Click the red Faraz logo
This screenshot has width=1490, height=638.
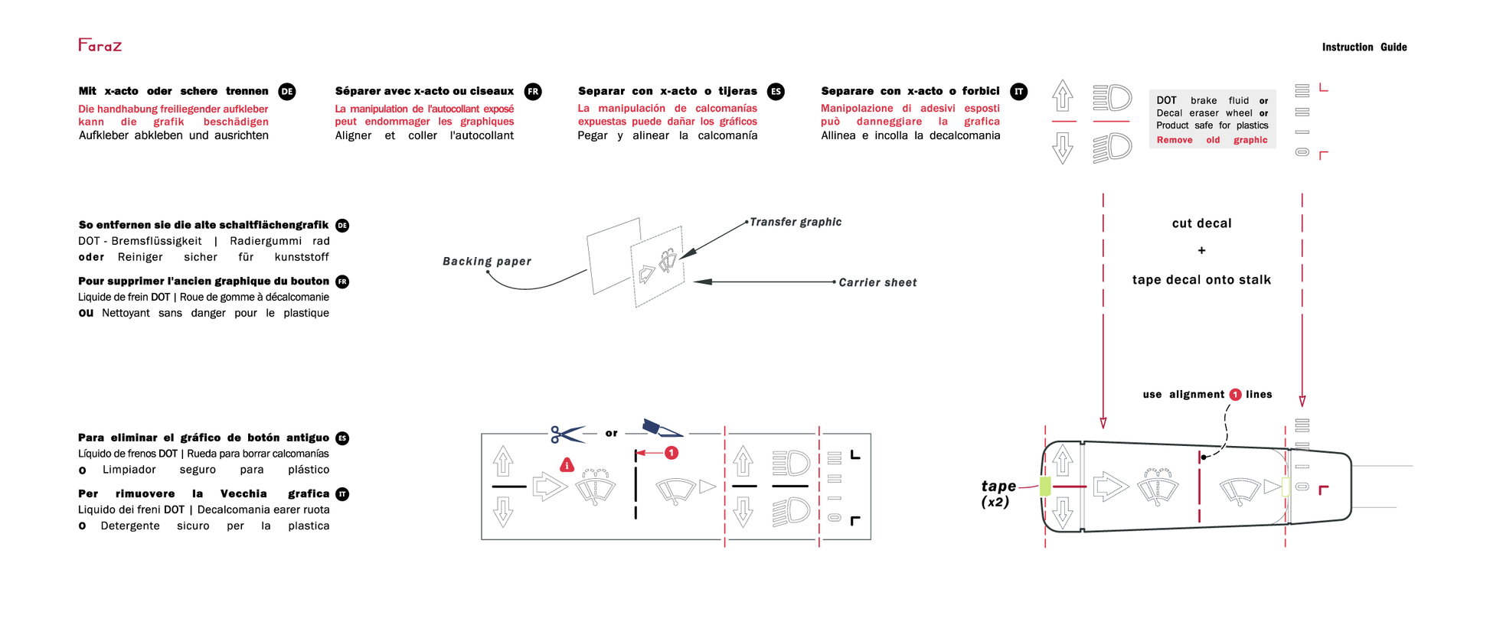click(100, 45)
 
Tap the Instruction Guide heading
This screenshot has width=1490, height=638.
click(1364, 47)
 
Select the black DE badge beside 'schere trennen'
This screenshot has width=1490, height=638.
click(287, 92)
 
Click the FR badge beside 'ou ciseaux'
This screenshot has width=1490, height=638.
click(533, 92)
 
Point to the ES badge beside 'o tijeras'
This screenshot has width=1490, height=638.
click(776, 92)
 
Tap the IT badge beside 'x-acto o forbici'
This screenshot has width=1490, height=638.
click(1018, 92)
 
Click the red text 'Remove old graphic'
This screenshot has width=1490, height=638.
click(1211, 140)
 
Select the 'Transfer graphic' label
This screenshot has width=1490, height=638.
click(795, 222)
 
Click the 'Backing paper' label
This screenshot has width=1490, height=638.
click(486, 262)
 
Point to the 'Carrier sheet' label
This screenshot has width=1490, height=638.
click(877, 282)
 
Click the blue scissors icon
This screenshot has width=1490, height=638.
click(567, 435)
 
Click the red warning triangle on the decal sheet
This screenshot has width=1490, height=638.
click(567, 465)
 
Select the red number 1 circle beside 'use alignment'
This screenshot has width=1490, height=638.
click(1235, 395)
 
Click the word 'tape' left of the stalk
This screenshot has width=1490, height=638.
click(998, 487)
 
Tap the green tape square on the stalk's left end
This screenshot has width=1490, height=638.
click(1045, 486)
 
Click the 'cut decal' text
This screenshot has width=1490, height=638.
click(1201, 223)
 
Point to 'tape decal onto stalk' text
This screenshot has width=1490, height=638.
click(1201, 280)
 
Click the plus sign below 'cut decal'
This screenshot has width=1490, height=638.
click(1201, 251)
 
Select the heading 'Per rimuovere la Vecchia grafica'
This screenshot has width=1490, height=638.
click(204, 494)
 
